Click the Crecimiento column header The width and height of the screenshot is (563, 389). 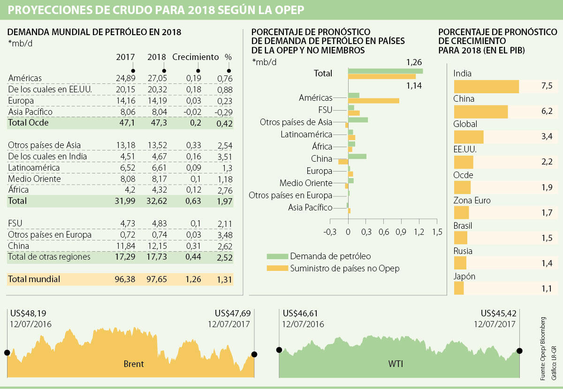[196, 57]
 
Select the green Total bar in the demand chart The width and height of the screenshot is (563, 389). [385, 71]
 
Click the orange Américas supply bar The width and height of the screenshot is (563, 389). [373, 100]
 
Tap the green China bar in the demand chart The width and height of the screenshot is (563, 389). [357, 157]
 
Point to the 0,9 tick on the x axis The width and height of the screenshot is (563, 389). [401, 232]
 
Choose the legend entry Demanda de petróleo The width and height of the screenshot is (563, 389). [330, 256]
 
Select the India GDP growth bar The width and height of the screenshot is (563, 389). [486, 87]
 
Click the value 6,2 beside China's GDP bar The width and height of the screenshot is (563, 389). [547, 112]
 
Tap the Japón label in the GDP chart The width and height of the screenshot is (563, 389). [464, 277]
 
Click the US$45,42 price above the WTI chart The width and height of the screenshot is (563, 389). [498, 313]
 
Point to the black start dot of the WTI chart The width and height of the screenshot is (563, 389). [279, 350]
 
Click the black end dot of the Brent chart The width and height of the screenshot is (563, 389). [254, 354]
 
